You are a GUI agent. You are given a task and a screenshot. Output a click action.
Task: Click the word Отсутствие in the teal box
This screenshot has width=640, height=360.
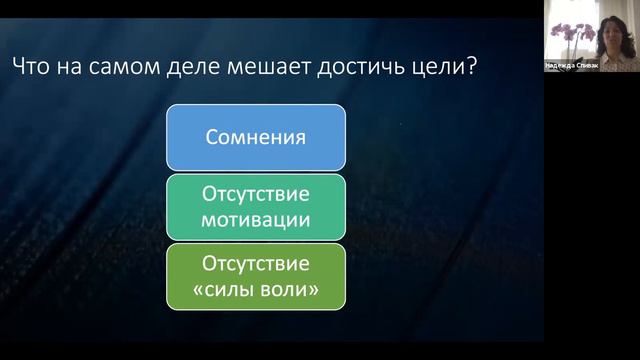(x=256, y=193)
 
